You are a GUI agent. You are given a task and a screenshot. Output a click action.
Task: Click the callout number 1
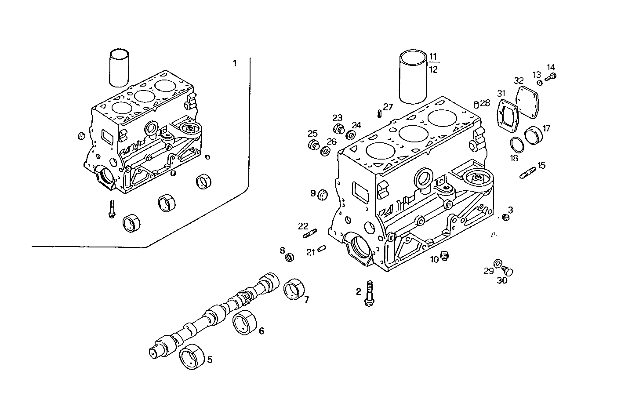pyautogui.click(x=235, y=63)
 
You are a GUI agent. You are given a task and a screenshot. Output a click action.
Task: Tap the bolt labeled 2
pyautogui.click(x=369, y=293)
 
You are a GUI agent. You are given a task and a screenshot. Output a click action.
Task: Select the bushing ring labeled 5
pyautogui.click(x=193, y=357)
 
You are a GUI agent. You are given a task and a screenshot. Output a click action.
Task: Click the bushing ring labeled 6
pyautogui.click(x=244, y=324)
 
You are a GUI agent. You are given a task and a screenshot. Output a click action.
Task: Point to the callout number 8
pyautogui.click(x=283, y=251)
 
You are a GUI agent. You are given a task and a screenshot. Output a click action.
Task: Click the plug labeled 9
pyautogui.click(x=323, y=194)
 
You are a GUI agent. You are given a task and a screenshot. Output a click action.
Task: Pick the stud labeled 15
pyautogui.click(x=528, y=172)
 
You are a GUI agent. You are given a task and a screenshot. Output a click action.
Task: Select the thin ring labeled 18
pyautogui.click(x=517, y=145)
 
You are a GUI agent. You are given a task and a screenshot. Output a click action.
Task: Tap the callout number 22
pyautogui.click(x=303, y=226)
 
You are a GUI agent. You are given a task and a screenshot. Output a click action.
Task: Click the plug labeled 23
pyautogui.click(x=339, y=130)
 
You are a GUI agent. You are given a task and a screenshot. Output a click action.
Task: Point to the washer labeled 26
pyautogui.click(x=326, y=151)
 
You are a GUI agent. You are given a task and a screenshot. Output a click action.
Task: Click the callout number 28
pyautogui.click(x=485, y=103)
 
